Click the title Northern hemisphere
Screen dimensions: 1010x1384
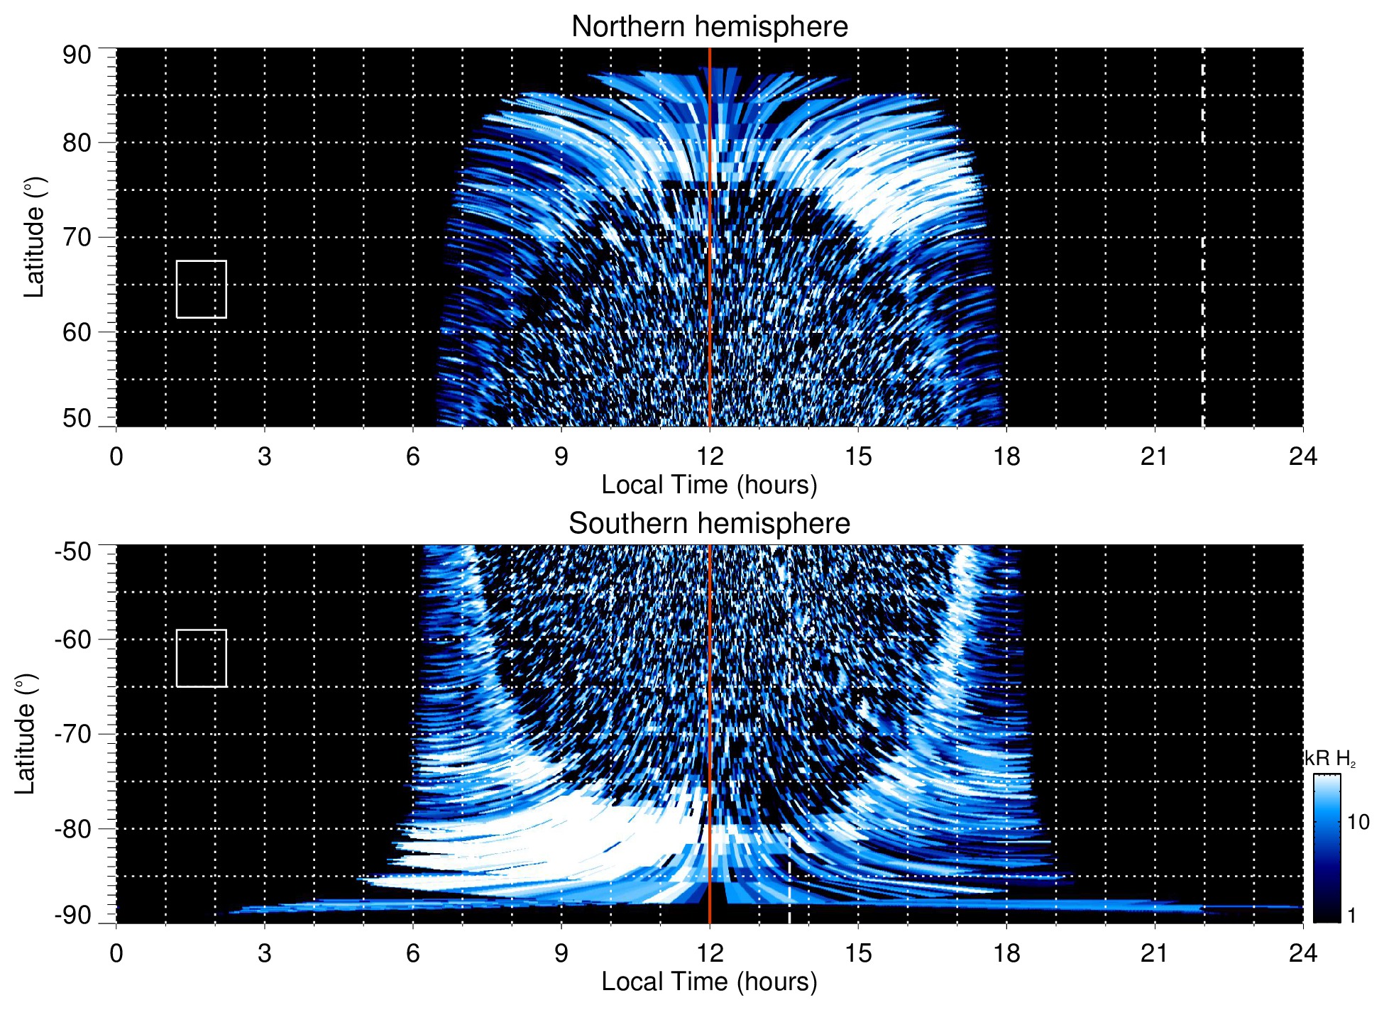[709, 27]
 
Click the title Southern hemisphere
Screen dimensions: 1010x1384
[709, 524]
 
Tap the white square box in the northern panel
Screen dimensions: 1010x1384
[202, 290]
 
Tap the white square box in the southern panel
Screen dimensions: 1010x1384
[202, 658]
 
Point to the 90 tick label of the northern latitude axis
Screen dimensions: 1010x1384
[77, 55]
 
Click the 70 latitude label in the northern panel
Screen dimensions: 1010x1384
[77, 237]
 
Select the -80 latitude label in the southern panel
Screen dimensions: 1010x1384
[73, 828]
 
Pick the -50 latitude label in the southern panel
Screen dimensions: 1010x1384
[73, 551]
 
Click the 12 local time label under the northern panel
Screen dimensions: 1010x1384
[709, 456]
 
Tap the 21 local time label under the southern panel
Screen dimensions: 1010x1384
[1154, 953]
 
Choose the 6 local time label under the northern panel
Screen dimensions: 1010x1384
[413, 456]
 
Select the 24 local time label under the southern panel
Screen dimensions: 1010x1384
[1302, 953]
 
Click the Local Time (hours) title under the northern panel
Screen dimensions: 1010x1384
[709, 485]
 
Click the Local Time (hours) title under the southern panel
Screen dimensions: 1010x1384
[709, 982]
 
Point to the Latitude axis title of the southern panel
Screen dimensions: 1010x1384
[26, 734]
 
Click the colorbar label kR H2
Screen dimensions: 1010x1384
[1330, 759]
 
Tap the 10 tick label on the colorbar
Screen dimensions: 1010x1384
[1358, 822]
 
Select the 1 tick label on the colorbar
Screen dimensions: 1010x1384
[1351, 916]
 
